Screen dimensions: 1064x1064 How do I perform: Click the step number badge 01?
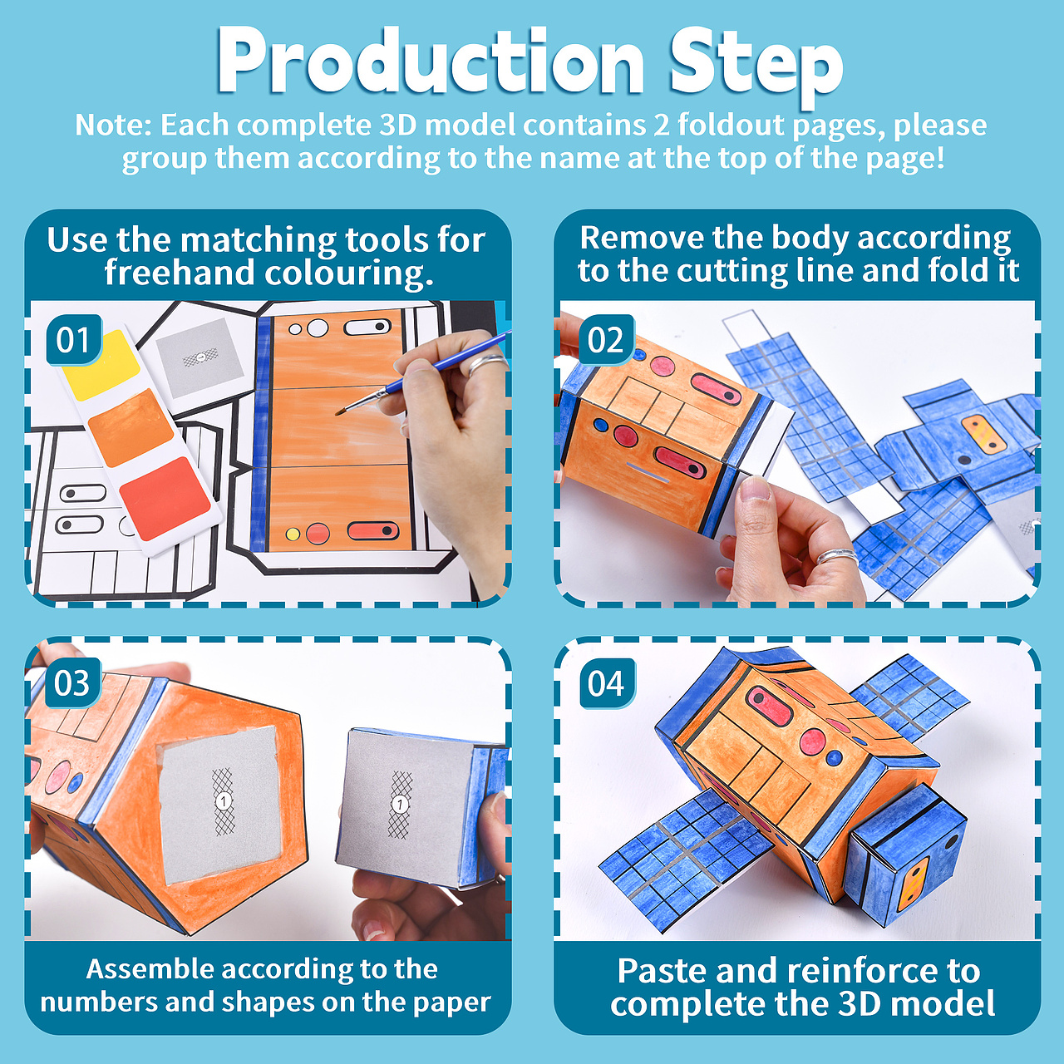(x=74, y=340)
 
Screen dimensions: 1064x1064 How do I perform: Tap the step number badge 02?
(x=606, y=340)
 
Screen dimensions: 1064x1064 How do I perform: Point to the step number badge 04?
(x=606, y=683)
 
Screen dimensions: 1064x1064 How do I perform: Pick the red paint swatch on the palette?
(x=165, y=499)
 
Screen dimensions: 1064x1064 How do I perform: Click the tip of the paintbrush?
(x=337, y=413)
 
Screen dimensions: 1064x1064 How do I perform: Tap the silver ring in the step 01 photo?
(x=488, y=364)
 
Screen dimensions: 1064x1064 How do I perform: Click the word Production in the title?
(x=430, y=61)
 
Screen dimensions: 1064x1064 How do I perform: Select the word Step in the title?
(x=756, y=66)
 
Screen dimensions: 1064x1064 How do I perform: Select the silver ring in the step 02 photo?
(x=838, y=556)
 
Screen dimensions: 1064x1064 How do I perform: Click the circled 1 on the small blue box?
(x=401, y=805)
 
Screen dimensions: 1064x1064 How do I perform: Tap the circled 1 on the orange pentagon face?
(x=224, y=800)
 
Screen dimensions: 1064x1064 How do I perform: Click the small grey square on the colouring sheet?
(x=199, y=357)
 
